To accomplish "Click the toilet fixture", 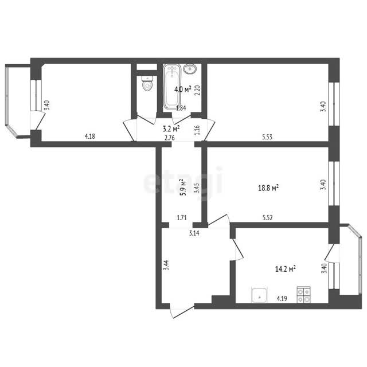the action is coord(147,83).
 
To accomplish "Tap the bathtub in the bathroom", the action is coord(172,87).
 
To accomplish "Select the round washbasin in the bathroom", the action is coord(190,69).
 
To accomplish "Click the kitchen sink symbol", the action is coord(259,295).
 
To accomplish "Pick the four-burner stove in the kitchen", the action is coord(303,295).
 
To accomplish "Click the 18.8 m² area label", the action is coord(268,188).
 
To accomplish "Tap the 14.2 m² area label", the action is coord(286,269).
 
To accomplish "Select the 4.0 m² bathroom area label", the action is coord(183,89).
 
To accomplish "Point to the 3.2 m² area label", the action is coord(171,128).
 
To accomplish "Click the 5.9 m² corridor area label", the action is coord(183,188).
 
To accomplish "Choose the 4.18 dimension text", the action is coord(90,136).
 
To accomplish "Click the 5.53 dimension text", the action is coord(267,136).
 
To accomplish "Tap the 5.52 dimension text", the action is coord(268,218).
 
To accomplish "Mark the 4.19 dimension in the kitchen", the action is coord(282,299).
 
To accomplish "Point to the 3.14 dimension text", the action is coord(194,233).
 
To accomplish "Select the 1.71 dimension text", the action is coord(182,218).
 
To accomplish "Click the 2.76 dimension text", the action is coord(170,138).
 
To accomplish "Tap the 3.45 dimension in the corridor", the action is coord(197,188).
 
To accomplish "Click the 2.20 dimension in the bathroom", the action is coord(198,90).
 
